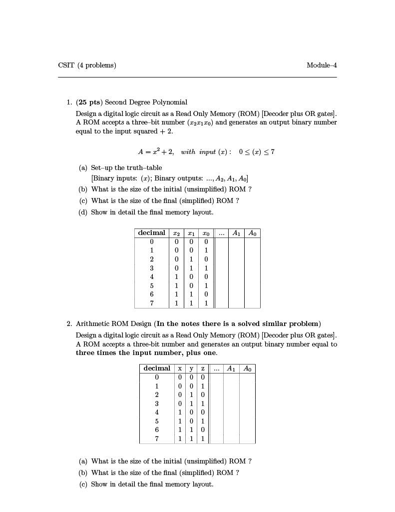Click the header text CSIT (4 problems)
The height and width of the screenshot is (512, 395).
coord(87,65)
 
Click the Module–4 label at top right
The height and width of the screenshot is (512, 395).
coord(322,65)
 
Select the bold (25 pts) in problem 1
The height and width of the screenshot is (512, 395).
coord(89,102)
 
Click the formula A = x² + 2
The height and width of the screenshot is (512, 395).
coord(155,151)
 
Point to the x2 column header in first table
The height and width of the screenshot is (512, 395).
coord(176,233)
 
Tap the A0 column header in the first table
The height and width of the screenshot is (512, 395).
coord(252,233)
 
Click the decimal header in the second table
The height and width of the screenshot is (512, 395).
coord(157,368)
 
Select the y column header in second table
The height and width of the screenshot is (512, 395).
coord(191,368)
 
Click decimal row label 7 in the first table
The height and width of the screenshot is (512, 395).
coord(152,303)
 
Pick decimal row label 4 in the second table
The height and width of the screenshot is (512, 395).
coord(157,412)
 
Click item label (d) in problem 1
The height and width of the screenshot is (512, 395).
coord(83,212)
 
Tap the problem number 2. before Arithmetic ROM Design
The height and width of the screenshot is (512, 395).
coord(69,323)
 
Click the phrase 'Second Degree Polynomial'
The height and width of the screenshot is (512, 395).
coord(146,102)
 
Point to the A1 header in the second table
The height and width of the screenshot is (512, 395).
coord(231,368)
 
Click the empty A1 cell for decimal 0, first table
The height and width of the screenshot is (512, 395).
coord(236,241)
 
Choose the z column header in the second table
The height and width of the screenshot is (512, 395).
coord(203,368)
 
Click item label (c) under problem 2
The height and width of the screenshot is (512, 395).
coord(83,484)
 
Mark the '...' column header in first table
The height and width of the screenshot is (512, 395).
coord(221,233)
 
